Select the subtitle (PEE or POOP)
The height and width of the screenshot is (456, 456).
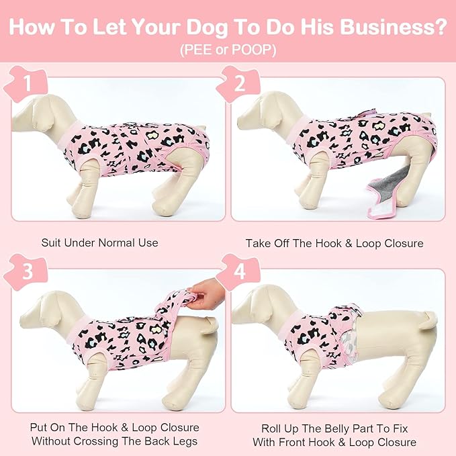[228, 50]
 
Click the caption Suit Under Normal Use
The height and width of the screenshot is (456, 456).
[99, 242]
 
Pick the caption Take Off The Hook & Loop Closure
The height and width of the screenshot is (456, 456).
[334, 242]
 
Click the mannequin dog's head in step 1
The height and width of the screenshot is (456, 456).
[40, 107]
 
